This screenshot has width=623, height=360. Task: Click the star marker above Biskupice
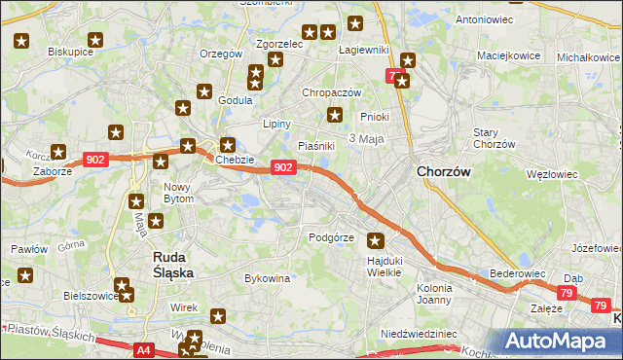[x=22, y=42]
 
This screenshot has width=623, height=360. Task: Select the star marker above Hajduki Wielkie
[x=376, y=240]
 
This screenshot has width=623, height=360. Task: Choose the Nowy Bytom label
[x=178, y=192]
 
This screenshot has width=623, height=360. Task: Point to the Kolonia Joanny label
[x=434, y=294]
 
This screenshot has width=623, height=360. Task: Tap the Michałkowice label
[x=588, y=57]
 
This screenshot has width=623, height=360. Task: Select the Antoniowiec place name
[x=484, y=19]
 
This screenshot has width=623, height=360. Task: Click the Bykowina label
[x=267, y=278]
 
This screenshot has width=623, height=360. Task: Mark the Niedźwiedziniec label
[x=419, y=333]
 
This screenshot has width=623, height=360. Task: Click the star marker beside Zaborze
[x=58, y=152]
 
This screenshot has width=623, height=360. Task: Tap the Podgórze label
[x=330, y=237]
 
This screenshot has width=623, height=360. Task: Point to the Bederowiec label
[x=515, y=274]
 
